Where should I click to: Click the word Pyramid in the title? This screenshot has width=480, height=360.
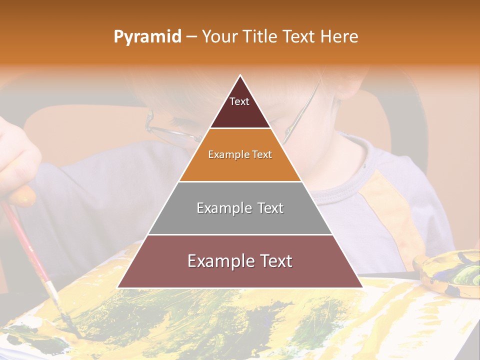(147, 37)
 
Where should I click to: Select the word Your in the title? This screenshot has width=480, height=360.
(220, 36)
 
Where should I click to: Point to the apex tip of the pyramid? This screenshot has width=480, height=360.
(240, 75)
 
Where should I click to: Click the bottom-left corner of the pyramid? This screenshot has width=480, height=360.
(118, 287)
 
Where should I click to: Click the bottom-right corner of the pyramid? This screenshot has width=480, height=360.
(362, 287)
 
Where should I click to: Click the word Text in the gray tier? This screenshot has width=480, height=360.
(267, 208)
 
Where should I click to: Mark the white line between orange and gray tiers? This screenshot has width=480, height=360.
(240, 181)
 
